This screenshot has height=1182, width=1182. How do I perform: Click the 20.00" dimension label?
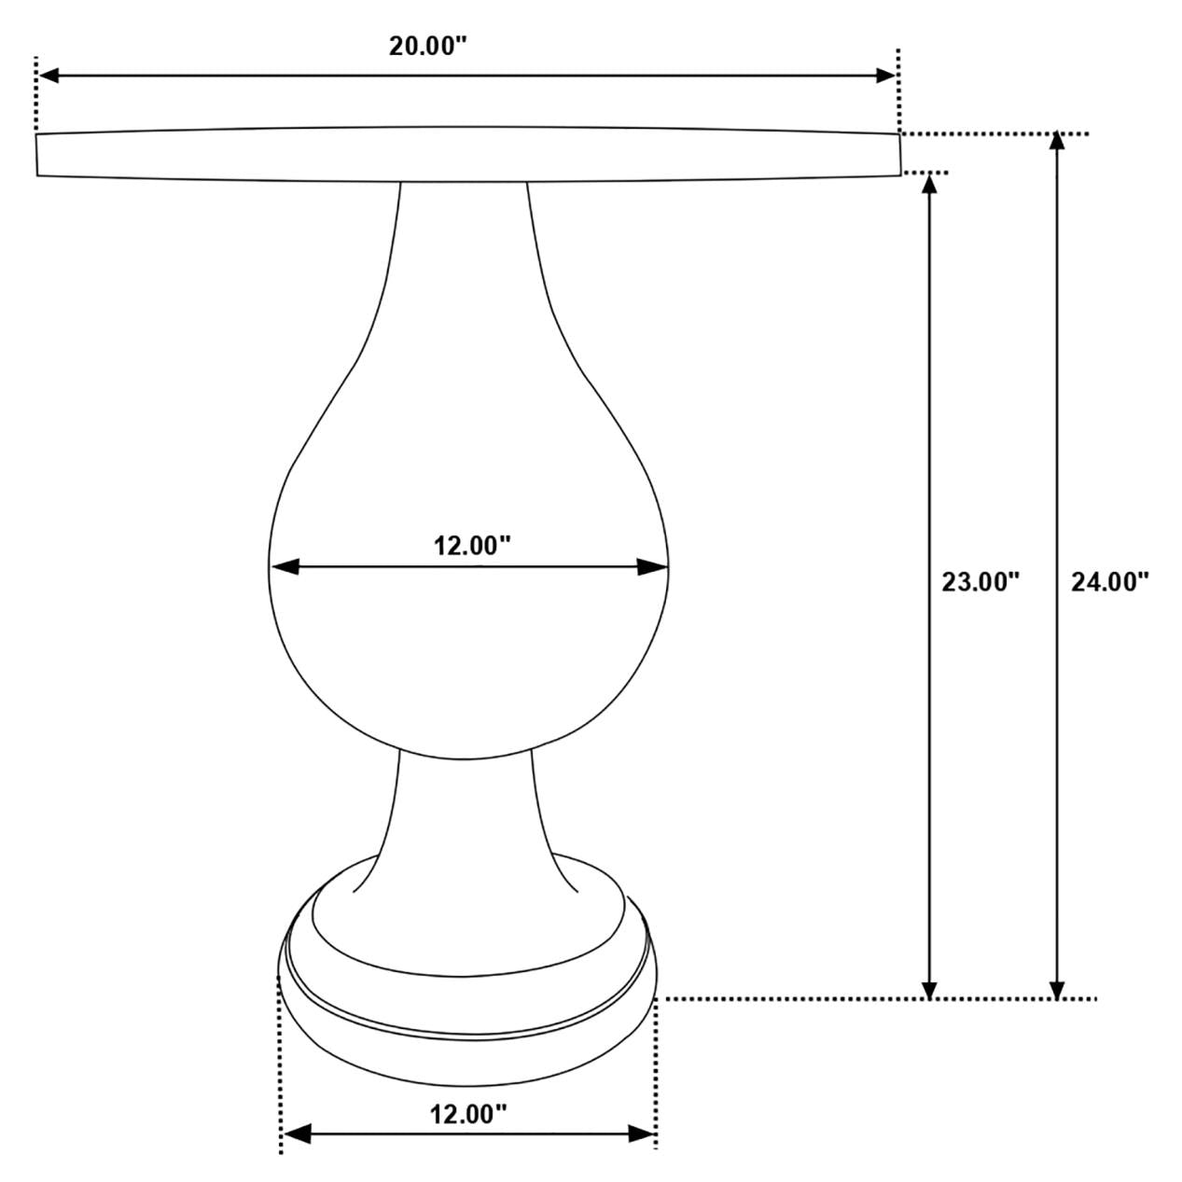pyautogui.click(x=427, y=46)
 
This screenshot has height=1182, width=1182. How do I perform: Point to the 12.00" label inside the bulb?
pyautogui.click(x=472, y=546)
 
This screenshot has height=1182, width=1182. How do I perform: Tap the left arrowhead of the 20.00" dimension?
pyautogui.click(x=49, y=76)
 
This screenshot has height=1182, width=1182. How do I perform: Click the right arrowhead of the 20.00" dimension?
pyautogui.click(x=885, y=76)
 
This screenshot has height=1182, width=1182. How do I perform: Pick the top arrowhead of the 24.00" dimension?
pyautogui.click(x=1056, y=142)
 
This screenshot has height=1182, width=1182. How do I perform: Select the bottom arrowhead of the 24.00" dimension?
pyautogui.click(x=1056, y=989)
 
